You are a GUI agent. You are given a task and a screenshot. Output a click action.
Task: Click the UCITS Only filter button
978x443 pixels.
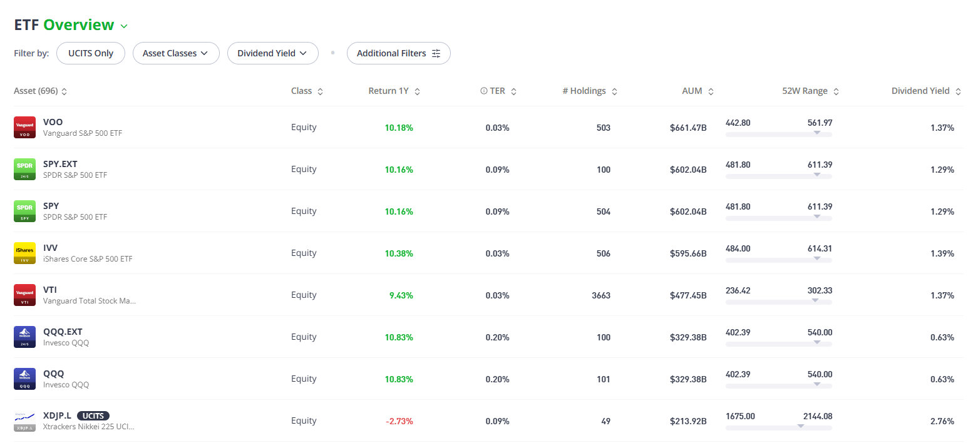tap(91, 53)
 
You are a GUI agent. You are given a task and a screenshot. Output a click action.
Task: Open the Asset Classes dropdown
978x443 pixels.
tap(176, 53)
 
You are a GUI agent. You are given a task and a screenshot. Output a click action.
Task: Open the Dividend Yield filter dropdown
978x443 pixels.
tap(273, 53)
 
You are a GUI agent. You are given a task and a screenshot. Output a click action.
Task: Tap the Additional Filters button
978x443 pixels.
tap(399, 53)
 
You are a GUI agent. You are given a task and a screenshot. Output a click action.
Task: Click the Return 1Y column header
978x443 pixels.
tap(394, 91)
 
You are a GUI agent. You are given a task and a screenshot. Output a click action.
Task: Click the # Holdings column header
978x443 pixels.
tap(589, 91)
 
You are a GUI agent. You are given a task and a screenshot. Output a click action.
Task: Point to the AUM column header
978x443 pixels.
tap(697, 91)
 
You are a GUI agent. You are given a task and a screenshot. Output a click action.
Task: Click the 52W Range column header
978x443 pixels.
tap(810, 91)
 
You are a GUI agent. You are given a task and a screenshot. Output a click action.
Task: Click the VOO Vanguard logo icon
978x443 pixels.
tap(25, 128)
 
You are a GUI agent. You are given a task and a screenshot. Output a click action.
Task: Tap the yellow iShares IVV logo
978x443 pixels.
tap(25, 253)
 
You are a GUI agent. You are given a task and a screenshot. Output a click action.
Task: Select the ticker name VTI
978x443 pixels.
tap(49, 290)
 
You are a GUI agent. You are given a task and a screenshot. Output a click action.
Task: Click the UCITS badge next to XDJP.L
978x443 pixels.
tap(93, 415)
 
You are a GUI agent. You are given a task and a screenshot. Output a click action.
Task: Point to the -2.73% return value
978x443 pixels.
tap(399, 421)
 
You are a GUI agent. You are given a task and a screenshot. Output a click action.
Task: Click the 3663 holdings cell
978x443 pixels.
tap(601, 295)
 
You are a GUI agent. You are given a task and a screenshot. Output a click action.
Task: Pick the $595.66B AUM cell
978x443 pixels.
tap(688, 253)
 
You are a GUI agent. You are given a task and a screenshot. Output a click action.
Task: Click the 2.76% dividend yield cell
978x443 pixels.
tap(942, 421)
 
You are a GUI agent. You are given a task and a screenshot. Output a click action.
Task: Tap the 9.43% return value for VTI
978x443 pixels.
tap(401, 295)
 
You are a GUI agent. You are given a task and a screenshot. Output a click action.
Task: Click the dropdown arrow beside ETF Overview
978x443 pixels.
tap(124, 26)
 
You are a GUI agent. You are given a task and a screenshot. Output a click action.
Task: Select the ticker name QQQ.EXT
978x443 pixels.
tap(63, 332)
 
